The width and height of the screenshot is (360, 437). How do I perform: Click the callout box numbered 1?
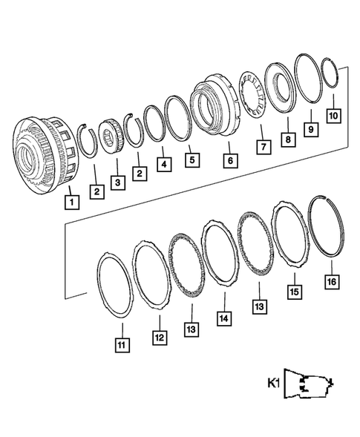pos(71,200)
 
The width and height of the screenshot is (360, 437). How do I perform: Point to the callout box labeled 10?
pos(333,116)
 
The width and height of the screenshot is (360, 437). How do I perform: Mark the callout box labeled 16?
pos(331,282)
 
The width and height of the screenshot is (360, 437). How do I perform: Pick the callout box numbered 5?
pos(192,160)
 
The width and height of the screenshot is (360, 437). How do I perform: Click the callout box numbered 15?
pos(295,292)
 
